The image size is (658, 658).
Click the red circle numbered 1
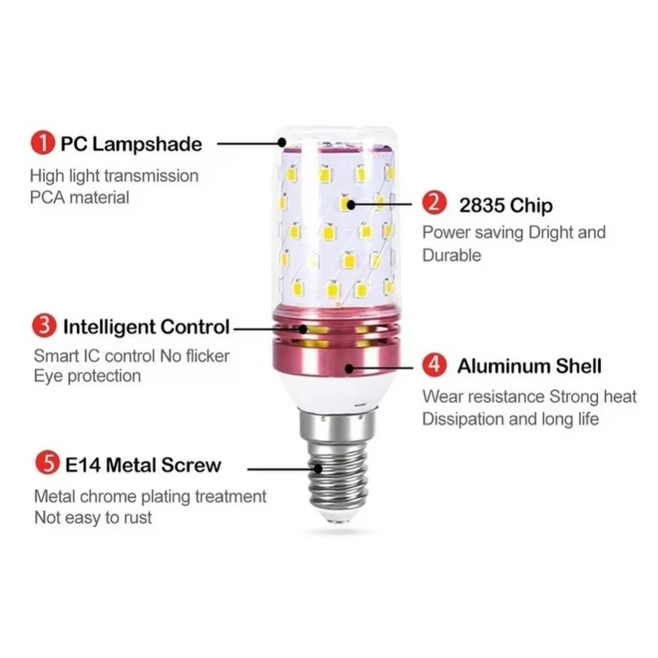tap(42, 143)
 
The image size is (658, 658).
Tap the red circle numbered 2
tap(434, 203)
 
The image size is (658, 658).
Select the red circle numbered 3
tap(44, 325)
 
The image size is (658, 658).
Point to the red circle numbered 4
tap(434, 365)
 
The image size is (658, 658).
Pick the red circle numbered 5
tap(47, 462)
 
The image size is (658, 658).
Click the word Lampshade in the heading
tap(147, 144)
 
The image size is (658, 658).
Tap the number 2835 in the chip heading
tap(482, 205)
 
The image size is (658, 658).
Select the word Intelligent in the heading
tap(108, 327)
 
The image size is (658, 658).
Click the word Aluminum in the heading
tap(504, 366)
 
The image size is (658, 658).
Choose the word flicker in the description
tap(207, 356)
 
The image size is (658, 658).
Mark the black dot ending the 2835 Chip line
tap(350, 205)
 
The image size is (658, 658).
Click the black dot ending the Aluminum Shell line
tap(349, 368)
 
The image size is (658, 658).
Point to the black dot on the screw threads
tap(318, 469)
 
